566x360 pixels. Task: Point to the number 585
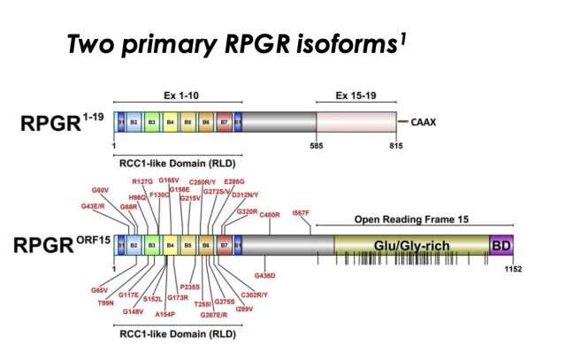(x=317, y=143)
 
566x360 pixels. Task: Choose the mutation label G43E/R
(x=94, y=206)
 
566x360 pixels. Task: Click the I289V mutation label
(x=244, y=309)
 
